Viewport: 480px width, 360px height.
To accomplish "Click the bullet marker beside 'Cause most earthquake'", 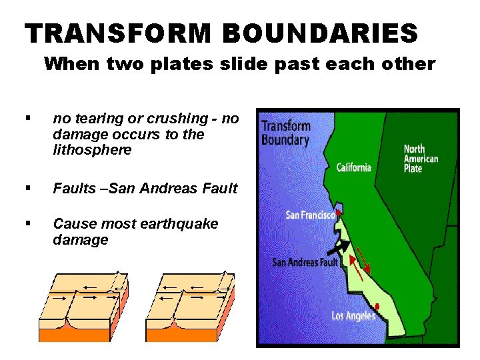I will tap(27, 224).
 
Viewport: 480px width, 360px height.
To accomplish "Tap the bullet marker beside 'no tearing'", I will tap(27, 119).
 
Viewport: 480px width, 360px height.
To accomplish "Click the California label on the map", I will tap(353, 167).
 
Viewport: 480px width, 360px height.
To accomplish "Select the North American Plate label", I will tap(421, 159).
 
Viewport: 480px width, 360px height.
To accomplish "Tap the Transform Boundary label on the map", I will tap(285, 133).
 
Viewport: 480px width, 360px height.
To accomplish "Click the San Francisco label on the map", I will tap(310, 215).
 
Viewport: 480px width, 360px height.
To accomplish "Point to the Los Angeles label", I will tap(353, 315).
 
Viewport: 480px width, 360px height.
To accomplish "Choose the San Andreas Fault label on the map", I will tap(305, 262).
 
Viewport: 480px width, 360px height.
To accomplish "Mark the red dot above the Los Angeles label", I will tap(378, 306).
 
